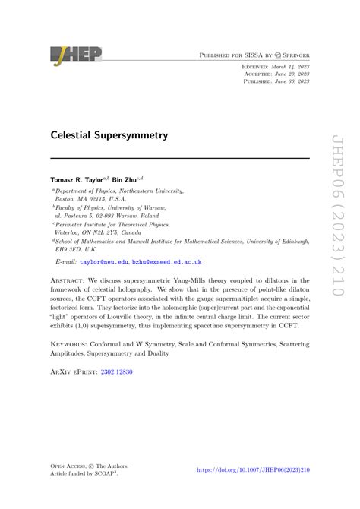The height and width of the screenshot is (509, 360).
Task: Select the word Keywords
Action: click(71, 344)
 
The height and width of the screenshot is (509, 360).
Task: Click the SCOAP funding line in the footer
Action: click(89, 474)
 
